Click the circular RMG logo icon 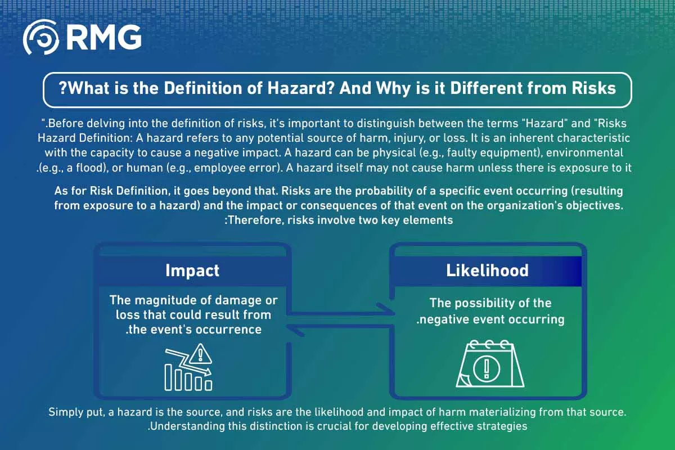(40, 37)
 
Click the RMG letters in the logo (104, 37)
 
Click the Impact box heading (192, 271)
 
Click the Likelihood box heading (487, 271)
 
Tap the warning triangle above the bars (200, 354)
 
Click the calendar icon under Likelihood (490, 363)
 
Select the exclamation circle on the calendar (487, 368)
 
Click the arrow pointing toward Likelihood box (340, 312)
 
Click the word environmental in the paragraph (584, 153)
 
